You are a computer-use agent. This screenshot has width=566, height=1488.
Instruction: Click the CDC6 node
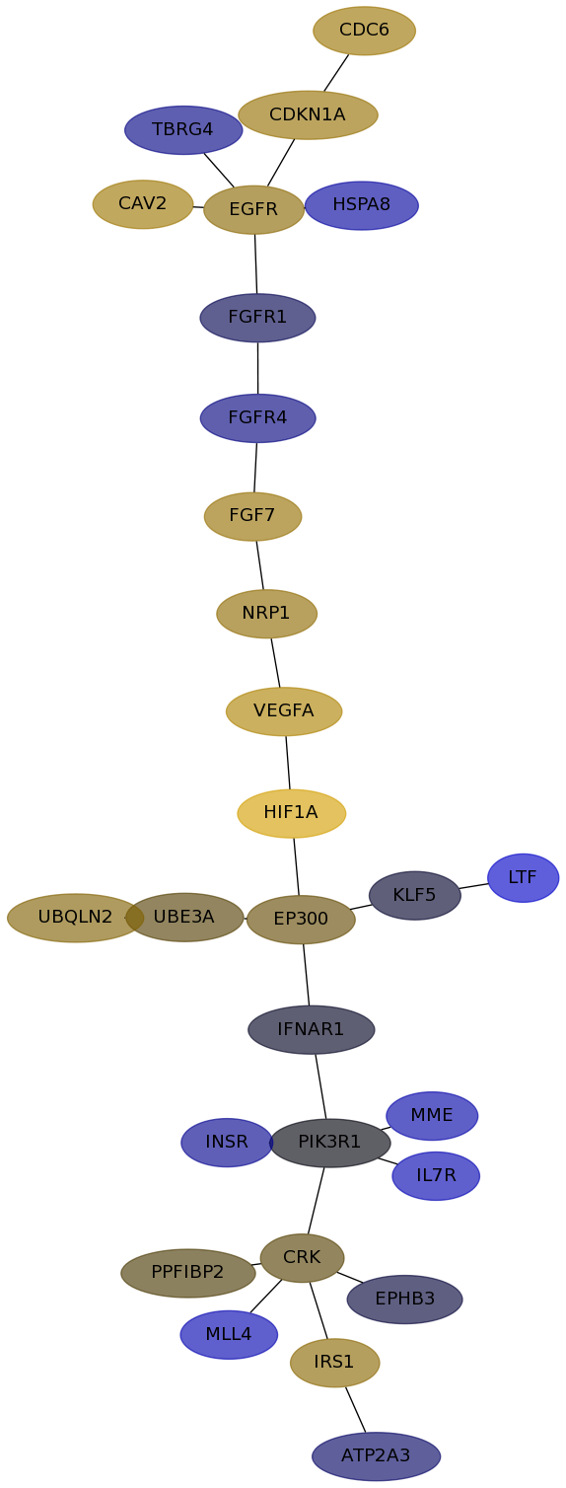coord(364,31)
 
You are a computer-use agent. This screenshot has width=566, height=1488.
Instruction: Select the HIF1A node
coord(291,813)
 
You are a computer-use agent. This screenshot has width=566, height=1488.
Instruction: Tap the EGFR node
coord(253,210)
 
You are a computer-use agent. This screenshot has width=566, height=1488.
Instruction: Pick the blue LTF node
coord(523,877)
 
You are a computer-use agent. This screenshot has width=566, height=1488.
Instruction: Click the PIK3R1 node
coord(329,1143)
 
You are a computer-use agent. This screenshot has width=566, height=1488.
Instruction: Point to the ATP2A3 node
coord(376,1456)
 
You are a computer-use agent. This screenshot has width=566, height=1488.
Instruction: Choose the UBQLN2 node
coord(75,918)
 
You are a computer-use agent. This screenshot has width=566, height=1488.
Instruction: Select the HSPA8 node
coord(362,205)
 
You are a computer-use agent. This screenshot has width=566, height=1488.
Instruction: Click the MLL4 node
coord(229,1334)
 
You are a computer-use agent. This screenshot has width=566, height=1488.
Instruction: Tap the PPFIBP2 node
coord(187,1273)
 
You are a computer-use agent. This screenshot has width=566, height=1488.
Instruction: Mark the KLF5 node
coord(415,895)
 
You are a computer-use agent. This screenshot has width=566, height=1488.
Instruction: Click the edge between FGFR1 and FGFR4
coord(257,368)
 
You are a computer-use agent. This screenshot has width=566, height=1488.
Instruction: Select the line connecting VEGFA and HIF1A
coord(288,762)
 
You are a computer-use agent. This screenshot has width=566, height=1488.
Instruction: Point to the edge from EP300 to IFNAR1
coord(306,975)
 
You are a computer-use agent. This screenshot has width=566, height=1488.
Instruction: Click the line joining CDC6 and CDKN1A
coord(336,72)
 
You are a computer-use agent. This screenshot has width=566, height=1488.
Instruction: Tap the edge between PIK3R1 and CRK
coord(316,1200)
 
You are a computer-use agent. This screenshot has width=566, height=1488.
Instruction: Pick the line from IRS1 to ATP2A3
coord(355,1410)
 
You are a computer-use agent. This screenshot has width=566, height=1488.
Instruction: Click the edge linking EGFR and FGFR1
coord(255,263)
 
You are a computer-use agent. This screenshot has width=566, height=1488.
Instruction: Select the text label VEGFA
coord(283,710)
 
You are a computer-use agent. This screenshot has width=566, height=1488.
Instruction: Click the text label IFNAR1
coord(311,1029)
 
